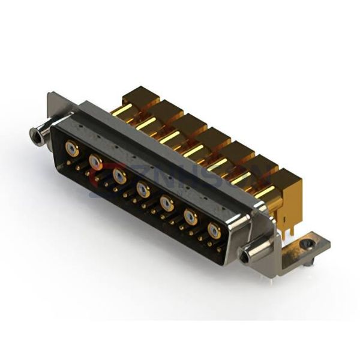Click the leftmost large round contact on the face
(72, 149)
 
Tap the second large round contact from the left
(95, 161)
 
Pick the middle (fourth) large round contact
(143, 189)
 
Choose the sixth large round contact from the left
(191, 216)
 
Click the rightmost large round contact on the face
(214, 230)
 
